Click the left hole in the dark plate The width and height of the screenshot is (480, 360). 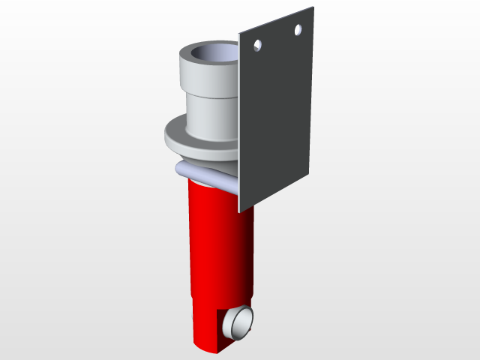(x=257, y=46)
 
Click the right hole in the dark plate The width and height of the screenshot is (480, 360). (x=298, y=30)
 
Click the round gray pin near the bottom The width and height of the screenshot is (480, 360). (x=241, y=322)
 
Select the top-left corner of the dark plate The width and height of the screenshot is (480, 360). (x=239, y=34)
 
